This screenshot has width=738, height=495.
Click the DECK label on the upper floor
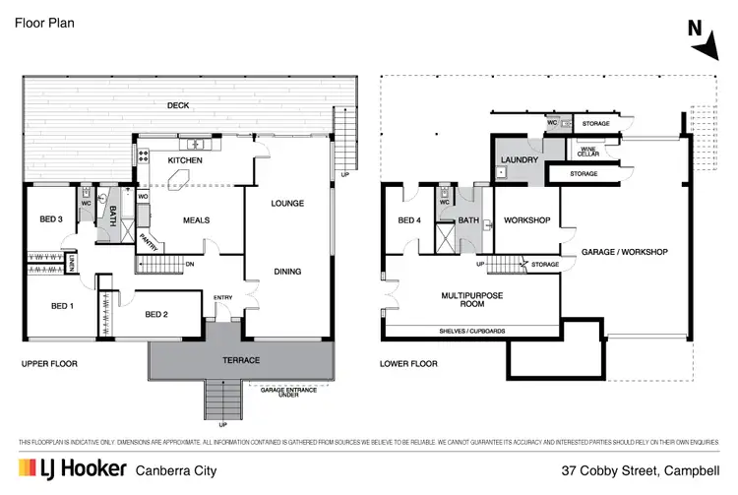point(178,105)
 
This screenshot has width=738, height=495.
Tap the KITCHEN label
point(185,160)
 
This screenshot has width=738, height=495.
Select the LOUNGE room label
point(288,204)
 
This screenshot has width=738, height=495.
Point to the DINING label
point(288,272)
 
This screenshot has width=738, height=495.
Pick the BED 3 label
point(51,218)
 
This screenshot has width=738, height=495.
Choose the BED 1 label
point(63,306)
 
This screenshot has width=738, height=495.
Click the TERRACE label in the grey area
point(241,360)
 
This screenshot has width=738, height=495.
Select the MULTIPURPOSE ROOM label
point(445,299)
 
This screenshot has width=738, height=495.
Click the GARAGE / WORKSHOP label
point(624,252)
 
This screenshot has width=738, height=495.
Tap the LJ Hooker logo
point(67,470)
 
